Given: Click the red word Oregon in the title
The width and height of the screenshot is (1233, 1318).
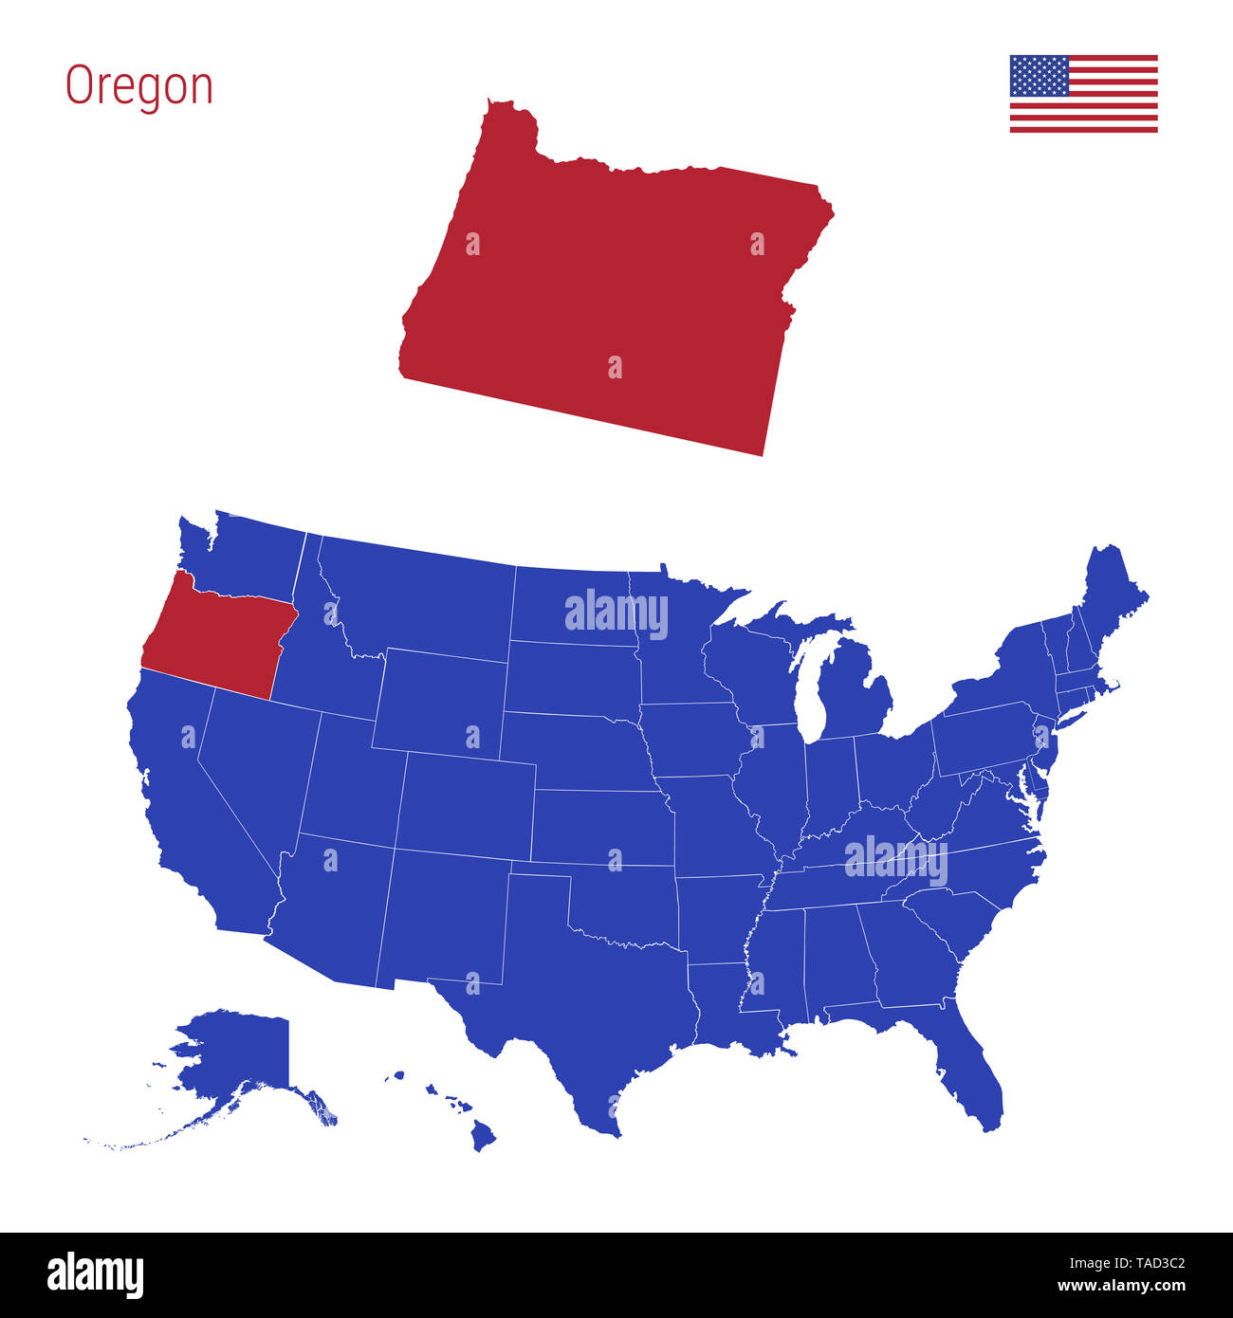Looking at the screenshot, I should pos(139,86).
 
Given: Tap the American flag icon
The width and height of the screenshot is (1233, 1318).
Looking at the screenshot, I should pos(1083,94).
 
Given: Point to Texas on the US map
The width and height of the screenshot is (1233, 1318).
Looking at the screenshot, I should pos(588,1005).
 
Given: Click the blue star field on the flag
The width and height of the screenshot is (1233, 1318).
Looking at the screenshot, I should pos(1039,76).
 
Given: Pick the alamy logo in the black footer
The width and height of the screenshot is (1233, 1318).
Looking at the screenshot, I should pos(95,1275).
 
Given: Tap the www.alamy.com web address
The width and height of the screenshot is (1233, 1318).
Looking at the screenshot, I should pos(1121,1287).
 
